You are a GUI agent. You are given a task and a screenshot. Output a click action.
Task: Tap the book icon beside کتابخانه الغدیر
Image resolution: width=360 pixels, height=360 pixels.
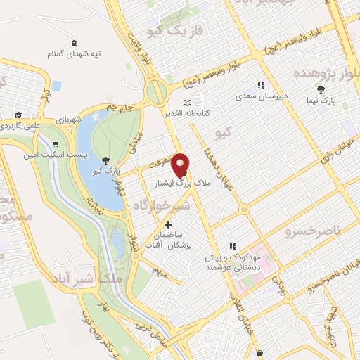tap(186, 103)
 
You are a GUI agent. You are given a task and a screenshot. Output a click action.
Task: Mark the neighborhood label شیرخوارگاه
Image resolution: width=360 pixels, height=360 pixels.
tap(160, 205)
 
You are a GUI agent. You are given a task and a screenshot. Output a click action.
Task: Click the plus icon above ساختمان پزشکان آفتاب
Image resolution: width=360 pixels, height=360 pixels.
tap(167, 224)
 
